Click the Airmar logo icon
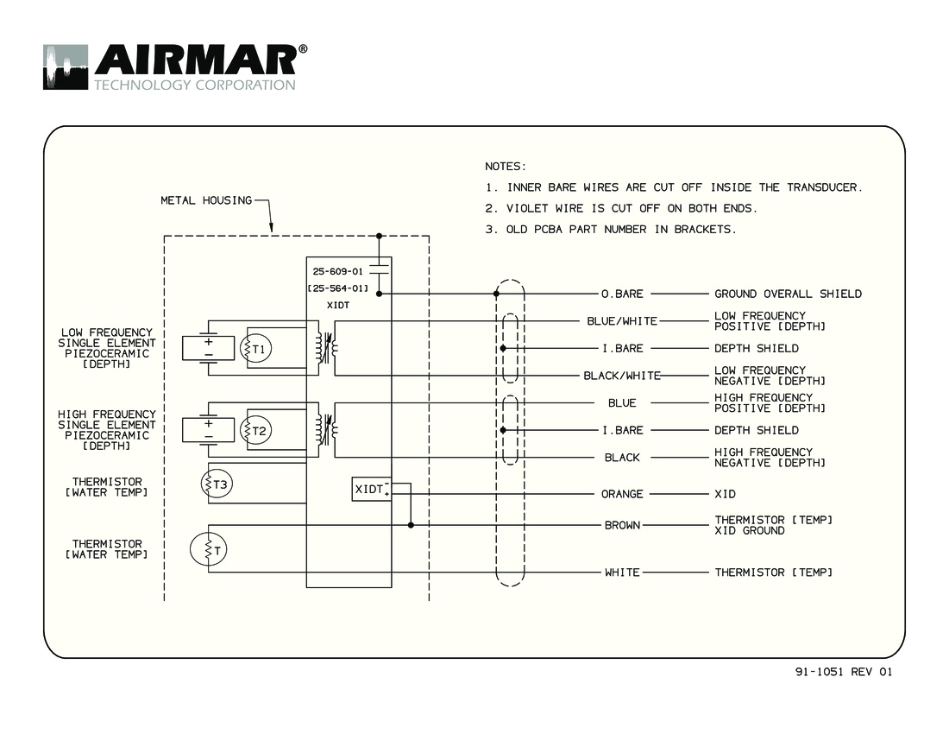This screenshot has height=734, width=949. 66,67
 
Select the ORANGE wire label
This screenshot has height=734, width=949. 622,495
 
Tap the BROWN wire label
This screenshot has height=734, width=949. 622,525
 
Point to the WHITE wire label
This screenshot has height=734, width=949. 622,573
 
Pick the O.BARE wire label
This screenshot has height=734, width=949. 622,294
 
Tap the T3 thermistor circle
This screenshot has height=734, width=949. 218,484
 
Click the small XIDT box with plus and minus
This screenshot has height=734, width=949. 372,489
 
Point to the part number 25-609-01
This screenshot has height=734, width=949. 337,271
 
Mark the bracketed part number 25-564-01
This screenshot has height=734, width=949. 338,288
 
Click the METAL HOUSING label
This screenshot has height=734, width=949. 206,200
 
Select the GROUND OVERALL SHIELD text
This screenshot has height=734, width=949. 788,294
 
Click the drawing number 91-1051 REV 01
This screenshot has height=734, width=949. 844,673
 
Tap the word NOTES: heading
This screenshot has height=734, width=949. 506,166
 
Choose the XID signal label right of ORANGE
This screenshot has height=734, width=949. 726,495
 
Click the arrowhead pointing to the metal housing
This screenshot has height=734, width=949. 271,230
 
